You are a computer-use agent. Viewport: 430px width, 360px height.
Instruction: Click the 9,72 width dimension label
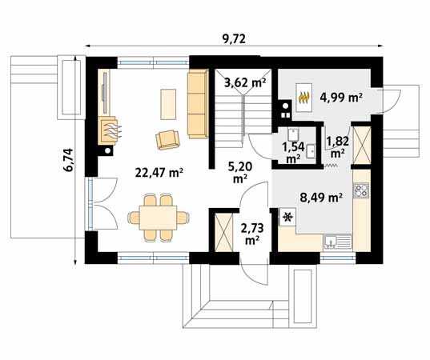[x=234, y=39]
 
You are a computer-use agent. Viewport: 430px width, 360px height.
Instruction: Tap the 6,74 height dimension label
[x=68, y=160]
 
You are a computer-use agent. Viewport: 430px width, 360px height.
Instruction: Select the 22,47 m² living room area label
[x=159, y=173]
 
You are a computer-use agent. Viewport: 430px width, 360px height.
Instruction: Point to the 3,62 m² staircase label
[x=245, y=82]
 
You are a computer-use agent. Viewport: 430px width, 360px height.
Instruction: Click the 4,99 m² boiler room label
[x=341, y=97]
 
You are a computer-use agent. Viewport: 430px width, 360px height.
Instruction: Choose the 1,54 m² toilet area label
[x=293, y=152]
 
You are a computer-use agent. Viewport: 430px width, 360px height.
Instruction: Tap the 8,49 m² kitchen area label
[x=321, y=197]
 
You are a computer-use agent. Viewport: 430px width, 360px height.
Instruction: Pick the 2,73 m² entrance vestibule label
[x=252, y=233]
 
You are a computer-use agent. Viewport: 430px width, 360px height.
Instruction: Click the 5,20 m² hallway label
[x=240, y=172]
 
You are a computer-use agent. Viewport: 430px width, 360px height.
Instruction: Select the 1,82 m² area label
[x=338, y=147]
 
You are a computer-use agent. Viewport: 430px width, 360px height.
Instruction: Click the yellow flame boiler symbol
[x=304, y=98]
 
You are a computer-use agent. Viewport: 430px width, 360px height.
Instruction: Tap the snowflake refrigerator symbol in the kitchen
[x=287, y=217]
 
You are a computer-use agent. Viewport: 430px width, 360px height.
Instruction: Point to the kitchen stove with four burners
[x=361, y=190]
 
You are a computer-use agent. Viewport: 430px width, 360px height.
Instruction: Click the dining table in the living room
[x=158, y=218]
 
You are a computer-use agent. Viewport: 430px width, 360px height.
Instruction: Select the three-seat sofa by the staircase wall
[x=198, y=103]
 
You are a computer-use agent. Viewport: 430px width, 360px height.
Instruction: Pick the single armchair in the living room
[x=167, y=140]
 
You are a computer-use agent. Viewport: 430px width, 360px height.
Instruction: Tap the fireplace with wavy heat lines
[x=109, y=131]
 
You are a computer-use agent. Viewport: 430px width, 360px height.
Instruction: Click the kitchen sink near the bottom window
[x=338, y=242]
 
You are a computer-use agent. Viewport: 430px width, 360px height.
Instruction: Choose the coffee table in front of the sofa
[x=168, y=104]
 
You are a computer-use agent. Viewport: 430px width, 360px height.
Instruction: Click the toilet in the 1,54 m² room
[x=293, y=134]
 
